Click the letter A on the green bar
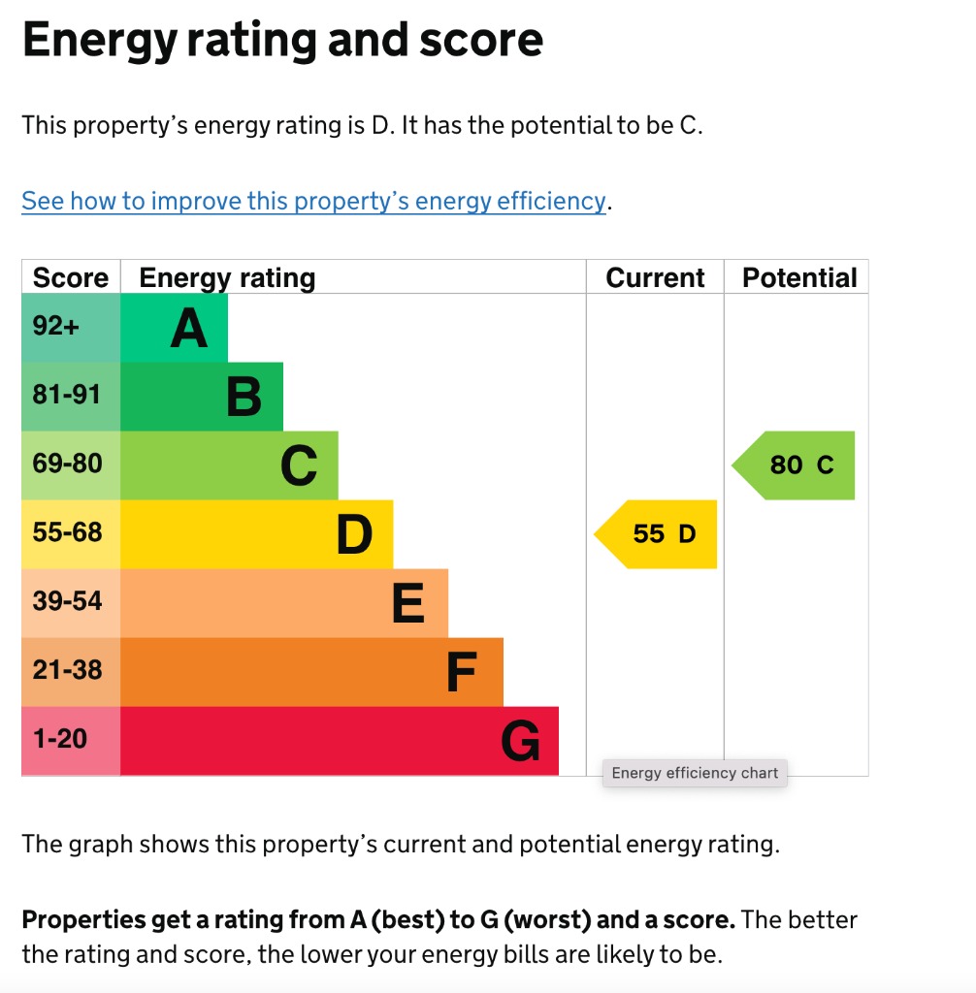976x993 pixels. pos(189,329)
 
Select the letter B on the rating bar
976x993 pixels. pos(244,398)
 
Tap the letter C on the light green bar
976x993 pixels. pos(299,466)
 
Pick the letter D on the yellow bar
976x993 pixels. pos(354,535)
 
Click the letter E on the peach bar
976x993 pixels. pos(408,604)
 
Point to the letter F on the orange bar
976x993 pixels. pos(463,673)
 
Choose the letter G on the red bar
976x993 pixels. pos(520,743)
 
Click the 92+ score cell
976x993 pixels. pos(56,327)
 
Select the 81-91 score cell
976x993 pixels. pos(66,395)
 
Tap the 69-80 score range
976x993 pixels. pos(67,464)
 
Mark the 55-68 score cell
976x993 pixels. pos(67,532)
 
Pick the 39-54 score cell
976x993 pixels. pos(67,601)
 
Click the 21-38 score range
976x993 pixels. pos(67,670)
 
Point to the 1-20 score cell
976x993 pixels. pos(60,739)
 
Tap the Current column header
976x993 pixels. pos(655,278)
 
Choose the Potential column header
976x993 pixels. pos(799,278)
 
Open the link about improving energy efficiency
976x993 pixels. pos(313,201)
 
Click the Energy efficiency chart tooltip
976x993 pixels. pos(695,773)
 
